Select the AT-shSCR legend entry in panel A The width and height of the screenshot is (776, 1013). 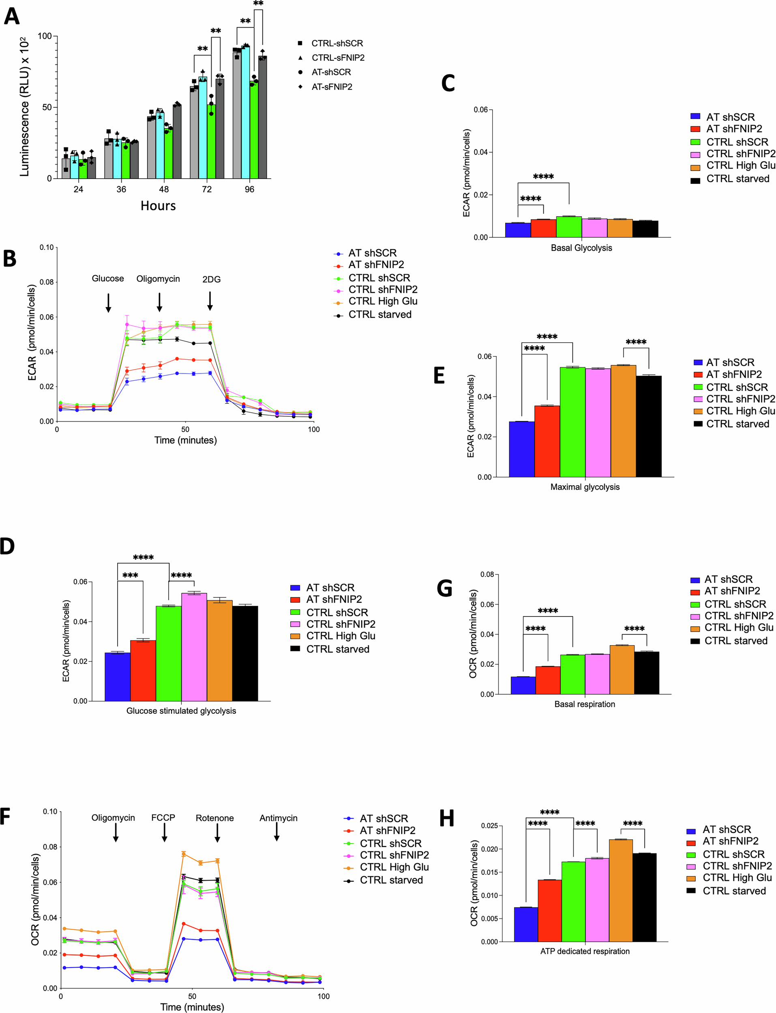coord(331,72)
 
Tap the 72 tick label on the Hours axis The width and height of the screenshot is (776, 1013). coord(206,189)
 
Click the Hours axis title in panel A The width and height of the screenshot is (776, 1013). coord(158,206)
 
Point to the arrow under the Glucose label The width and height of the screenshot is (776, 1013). coord(108,302)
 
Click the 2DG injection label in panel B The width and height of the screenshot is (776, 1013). coord(211,279)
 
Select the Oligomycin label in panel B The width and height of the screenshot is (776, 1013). coord(158,279)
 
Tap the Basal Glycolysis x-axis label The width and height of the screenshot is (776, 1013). coord(581,248)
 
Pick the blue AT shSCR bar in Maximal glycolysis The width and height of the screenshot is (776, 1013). coord(521,449)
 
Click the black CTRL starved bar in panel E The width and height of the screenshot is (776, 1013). coord(649,426)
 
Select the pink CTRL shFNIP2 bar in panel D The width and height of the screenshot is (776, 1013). coord(194,646)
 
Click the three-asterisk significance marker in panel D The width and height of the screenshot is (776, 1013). coord(130,576)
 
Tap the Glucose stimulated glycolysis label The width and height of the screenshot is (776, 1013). coord(181,711)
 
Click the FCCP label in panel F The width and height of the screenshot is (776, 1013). coord(163,817)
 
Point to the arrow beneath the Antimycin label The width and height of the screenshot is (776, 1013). coord(277,832)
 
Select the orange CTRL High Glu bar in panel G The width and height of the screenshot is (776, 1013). coord(622,669)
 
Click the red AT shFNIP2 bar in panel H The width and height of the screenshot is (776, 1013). coord(550,910)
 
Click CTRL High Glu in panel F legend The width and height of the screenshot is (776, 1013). coord(394,867)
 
